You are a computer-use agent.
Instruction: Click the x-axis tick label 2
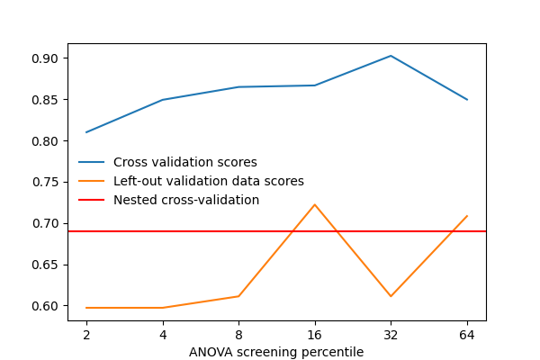[x=86, y=335]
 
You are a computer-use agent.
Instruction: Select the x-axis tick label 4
[x=162, y=335]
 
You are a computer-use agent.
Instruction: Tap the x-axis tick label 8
[x=238, y=335]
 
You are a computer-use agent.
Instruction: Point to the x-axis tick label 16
[x=314, y=335]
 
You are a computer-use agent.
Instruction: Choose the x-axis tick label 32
[x=391, y=335]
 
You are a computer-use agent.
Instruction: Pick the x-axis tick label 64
[x=466, y=335]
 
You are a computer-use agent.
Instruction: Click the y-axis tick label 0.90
[x=46, y=58]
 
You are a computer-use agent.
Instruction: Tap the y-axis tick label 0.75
[x=46, y=182]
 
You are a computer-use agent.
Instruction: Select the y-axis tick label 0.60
[x=46, y=306]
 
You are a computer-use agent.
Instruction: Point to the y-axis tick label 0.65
[x=46, y=265]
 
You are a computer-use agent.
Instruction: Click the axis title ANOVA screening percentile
[x=276, y=352]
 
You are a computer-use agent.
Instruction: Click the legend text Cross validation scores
[x=185, y=163]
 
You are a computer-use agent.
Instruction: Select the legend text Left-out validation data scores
[x=209, y=182]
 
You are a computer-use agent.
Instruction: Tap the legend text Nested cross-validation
[x=186, y=200]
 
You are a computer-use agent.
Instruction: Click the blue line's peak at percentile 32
[x=391, y=56]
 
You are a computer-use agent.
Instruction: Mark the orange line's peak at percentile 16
[x=314, y=204]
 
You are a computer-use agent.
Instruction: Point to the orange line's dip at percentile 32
[x=391, y=296]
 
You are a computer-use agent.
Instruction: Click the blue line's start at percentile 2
[x=86, y=132]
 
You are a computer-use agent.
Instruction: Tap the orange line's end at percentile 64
[x=466, y=216]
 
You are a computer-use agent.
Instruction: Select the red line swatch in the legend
[x=92, y=200]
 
